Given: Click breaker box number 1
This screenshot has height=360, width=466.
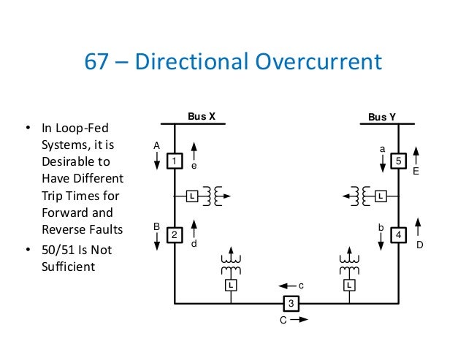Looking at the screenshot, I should [x=175, y=160].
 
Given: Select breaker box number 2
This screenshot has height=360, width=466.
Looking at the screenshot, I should [x=175, y=234].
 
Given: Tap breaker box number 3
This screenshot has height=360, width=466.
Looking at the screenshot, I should [x=291, y=303].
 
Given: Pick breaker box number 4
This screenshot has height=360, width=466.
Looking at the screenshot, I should [x=398, y=234].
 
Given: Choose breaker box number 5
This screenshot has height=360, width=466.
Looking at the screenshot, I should [x=398, y=160].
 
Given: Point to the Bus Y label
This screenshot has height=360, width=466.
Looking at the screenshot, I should [x=382, y=117].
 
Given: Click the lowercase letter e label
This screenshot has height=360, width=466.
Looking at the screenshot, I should [x=194, y=166].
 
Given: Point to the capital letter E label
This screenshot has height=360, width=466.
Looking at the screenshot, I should [x=416, y=172].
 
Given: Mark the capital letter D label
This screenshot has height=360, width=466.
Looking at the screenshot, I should [x=419, y=245].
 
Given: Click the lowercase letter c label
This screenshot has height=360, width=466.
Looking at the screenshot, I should [x=301, y=285].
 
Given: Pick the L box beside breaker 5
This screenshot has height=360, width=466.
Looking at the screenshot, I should [x=381, y=196].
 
